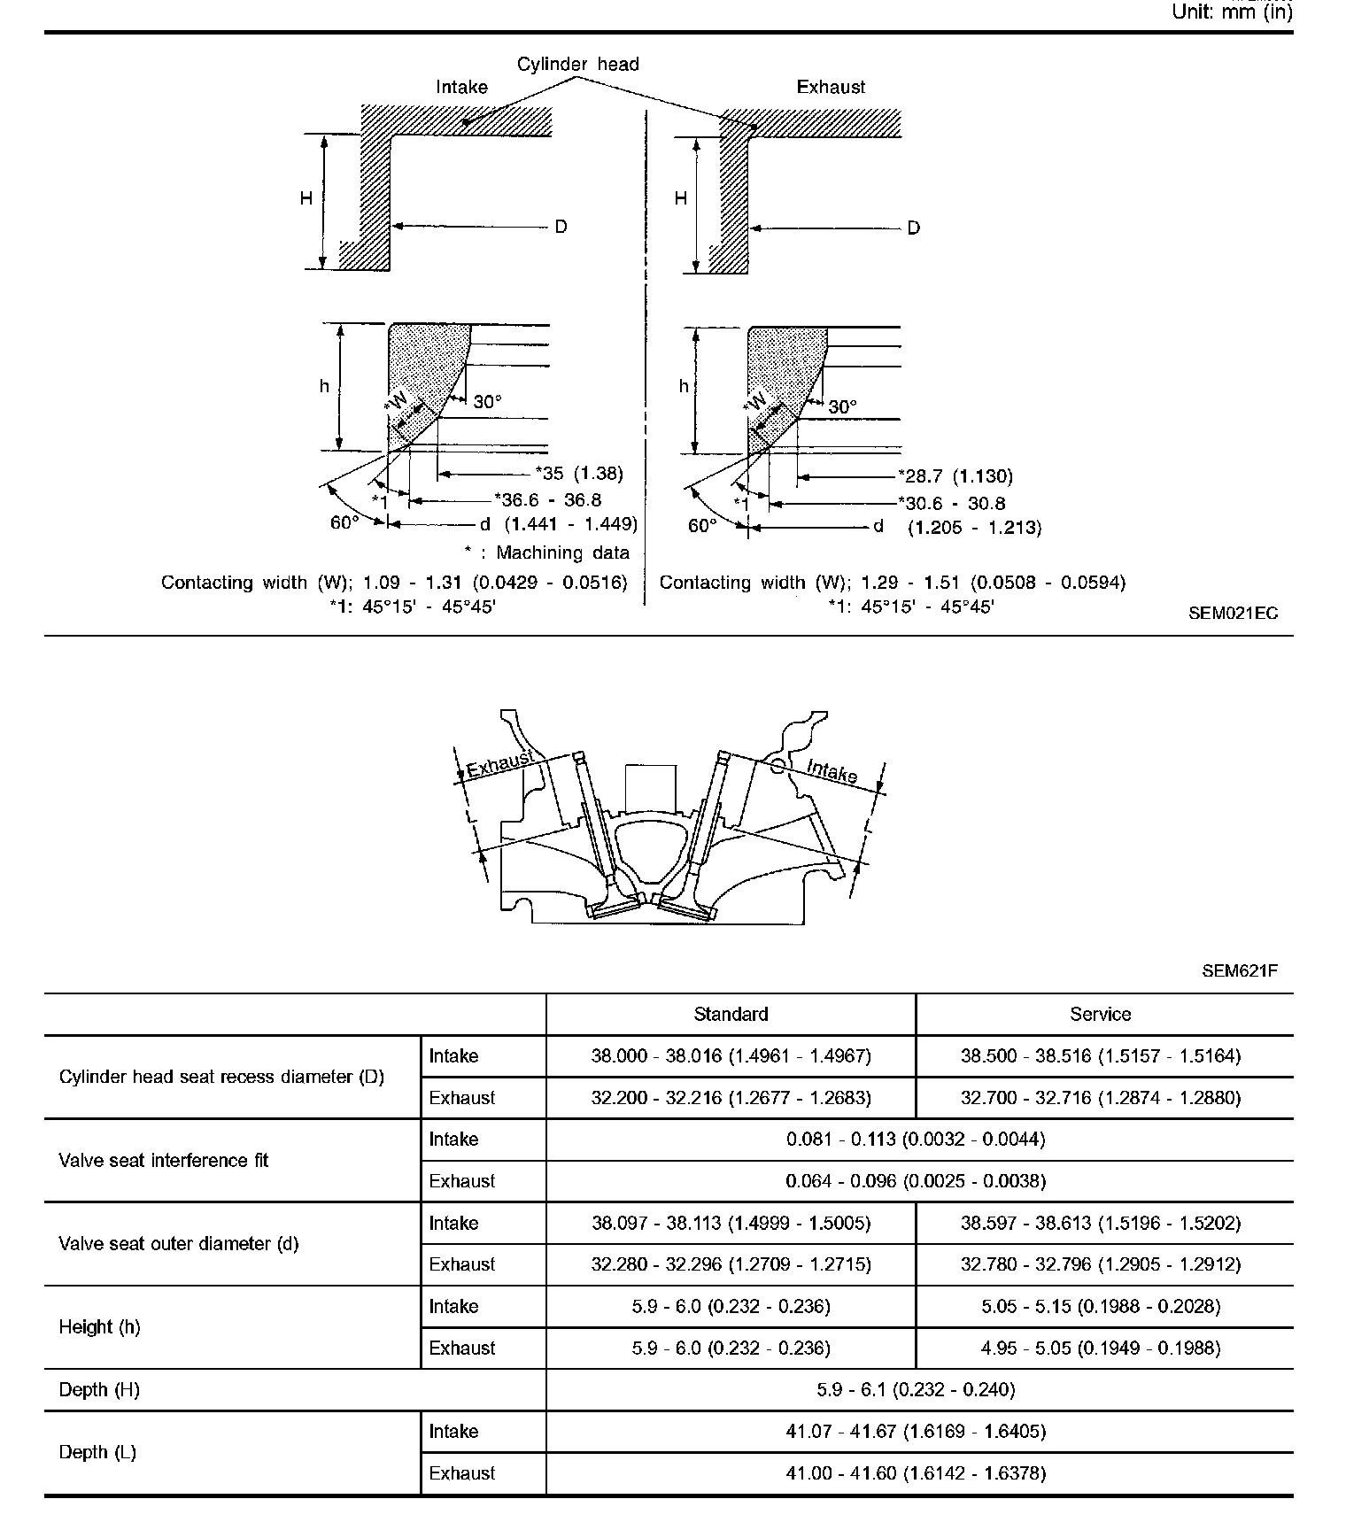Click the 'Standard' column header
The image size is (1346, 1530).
731,1014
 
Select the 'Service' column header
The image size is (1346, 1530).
1100,1014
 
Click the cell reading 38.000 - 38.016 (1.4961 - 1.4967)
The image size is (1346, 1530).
731,1055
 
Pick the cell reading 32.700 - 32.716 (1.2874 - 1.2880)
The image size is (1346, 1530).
1100,1098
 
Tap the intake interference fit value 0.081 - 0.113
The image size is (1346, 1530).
916,1140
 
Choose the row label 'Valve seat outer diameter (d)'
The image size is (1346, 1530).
178,1243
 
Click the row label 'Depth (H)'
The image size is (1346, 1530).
99,1389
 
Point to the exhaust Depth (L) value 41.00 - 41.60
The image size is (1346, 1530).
916,1473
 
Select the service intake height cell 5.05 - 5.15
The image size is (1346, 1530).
1100,1306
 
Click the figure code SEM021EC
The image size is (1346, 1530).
1234,613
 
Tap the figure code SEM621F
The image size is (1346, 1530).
1240,970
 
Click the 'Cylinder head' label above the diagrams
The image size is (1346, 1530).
577,64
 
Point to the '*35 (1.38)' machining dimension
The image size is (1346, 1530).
579,474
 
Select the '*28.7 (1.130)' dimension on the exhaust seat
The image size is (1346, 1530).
955,476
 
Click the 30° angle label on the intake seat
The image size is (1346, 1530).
487,402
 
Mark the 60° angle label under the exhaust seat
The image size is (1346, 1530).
702,526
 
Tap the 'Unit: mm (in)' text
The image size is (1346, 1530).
1232,12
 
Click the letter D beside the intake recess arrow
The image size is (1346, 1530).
561,227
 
